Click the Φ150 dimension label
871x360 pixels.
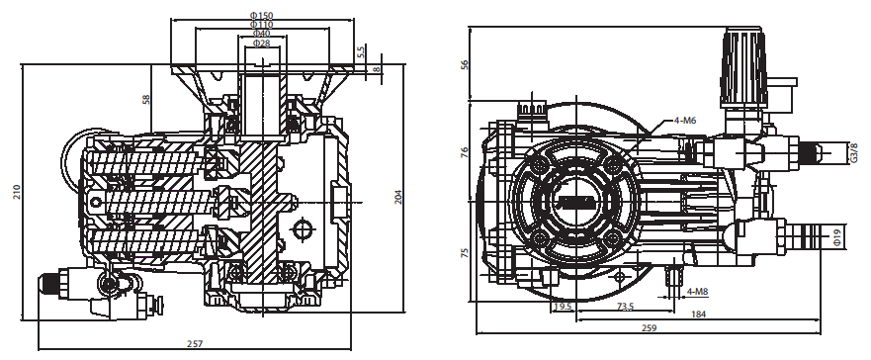(x=262, y=15)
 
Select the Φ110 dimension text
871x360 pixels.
(x=262, y=25)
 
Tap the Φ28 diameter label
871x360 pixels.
(x=262, y=44)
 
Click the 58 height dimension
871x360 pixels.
(x=146, y=100)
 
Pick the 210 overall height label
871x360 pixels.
(x=17, y=192)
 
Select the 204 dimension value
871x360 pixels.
(x=398, y=197)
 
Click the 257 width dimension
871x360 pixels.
(x=195, y=344)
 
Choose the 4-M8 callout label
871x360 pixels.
(x=698, y=291)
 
